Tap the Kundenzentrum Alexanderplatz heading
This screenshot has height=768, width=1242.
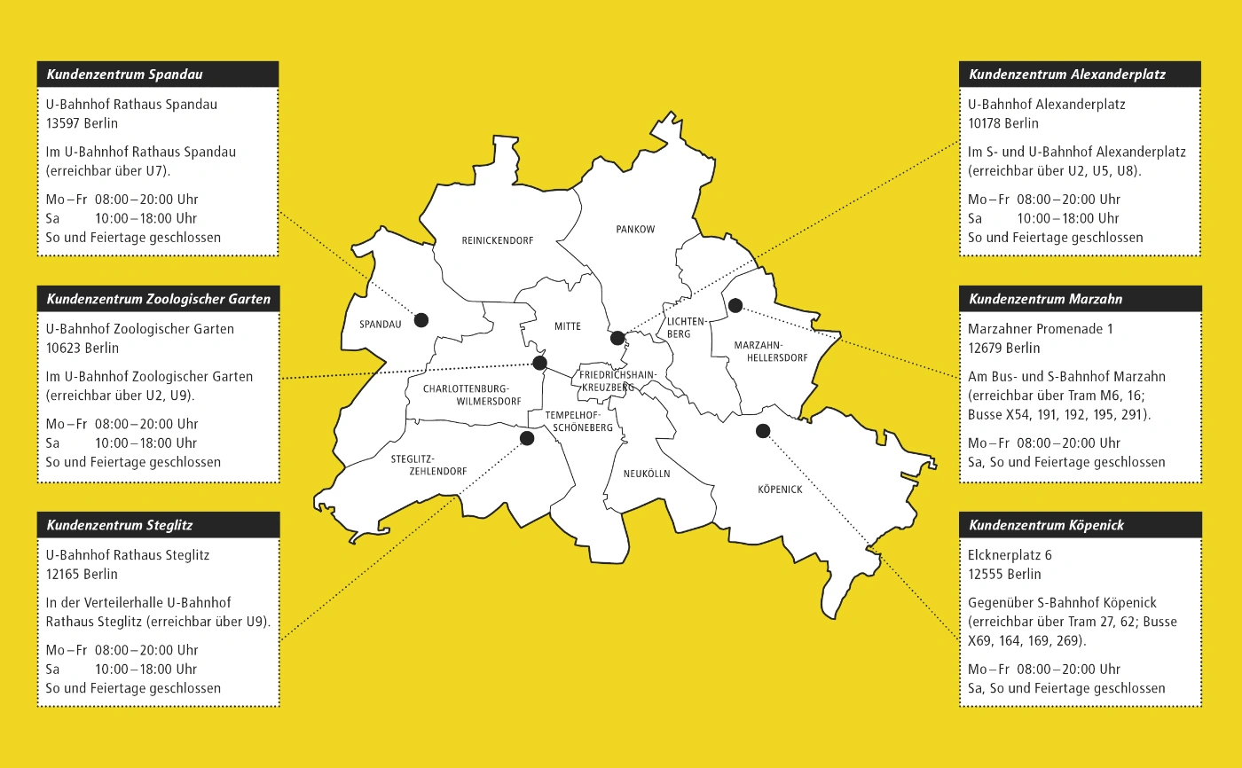1067,74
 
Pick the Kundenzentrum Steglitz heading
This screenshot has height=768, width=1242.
119,525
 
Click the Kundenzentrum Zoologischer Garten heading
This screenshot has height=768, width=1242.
158,299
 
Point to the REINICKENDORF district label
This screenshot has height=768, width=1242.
498,240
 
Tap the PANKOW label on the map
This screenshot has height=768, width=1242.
635,230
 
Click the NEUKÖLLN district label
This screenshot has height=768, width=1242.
647,474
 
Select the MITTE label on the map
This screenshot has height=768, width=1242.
568,326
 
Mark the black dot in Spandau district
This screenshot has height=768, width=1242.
421,319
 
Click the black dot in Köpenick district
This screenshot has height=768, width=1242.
763,431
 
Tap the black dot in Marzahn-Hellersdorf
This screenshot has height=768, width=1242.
735,305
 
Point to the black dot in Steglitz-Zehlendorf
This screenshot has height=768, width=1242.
527,437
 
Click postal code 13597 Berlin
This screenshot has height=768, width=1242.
82,123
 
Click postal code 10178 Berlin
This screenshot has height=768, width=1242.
1002,123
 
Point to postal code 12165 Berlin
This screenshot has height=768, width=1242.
82,574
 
